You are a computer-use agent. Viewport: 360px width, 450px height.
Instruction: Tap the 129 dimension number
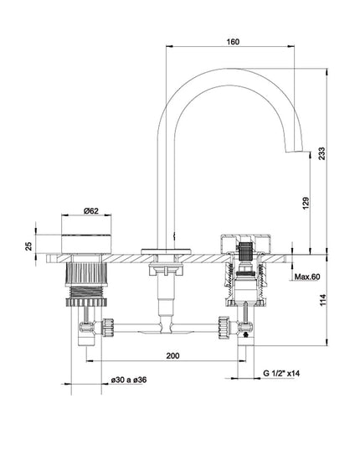click(x=306, y=202)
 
